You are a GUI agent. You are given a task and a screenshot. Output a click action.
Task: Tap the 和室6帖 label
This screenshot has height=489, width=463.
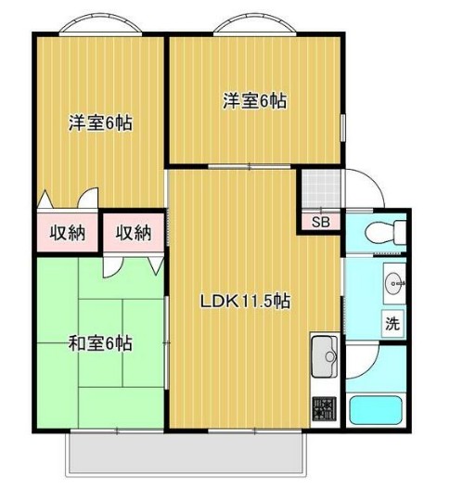click(x=100, y=344)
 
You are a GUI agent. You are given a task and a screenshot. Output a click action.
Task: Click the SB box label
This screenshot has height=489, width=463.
click(x=320, y=222)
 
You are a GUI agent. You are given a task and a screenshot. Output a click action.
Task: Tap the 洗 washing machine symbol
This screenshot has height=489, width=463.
click(x=392, y=325)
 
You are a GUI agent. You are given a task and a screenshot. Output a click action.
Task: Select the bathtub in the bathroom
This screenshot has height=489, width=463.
click(x=376, y=409)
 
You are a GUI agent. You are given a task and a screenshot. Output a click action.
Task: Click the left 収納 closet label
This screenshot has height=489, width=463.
click(x=68, y=232)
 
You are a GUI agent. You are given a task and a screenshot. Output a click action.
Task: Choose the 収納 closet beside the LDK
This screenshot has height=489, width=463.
click(x=134, y=233)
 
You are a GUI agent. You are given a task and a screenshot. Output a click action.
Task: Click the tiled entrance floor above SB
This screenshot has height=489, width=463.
click(x=320, y=191)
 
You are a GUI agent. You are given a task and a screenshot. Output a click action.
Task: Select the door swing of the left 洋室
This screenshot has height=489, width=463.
click(x=85, y=199)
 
